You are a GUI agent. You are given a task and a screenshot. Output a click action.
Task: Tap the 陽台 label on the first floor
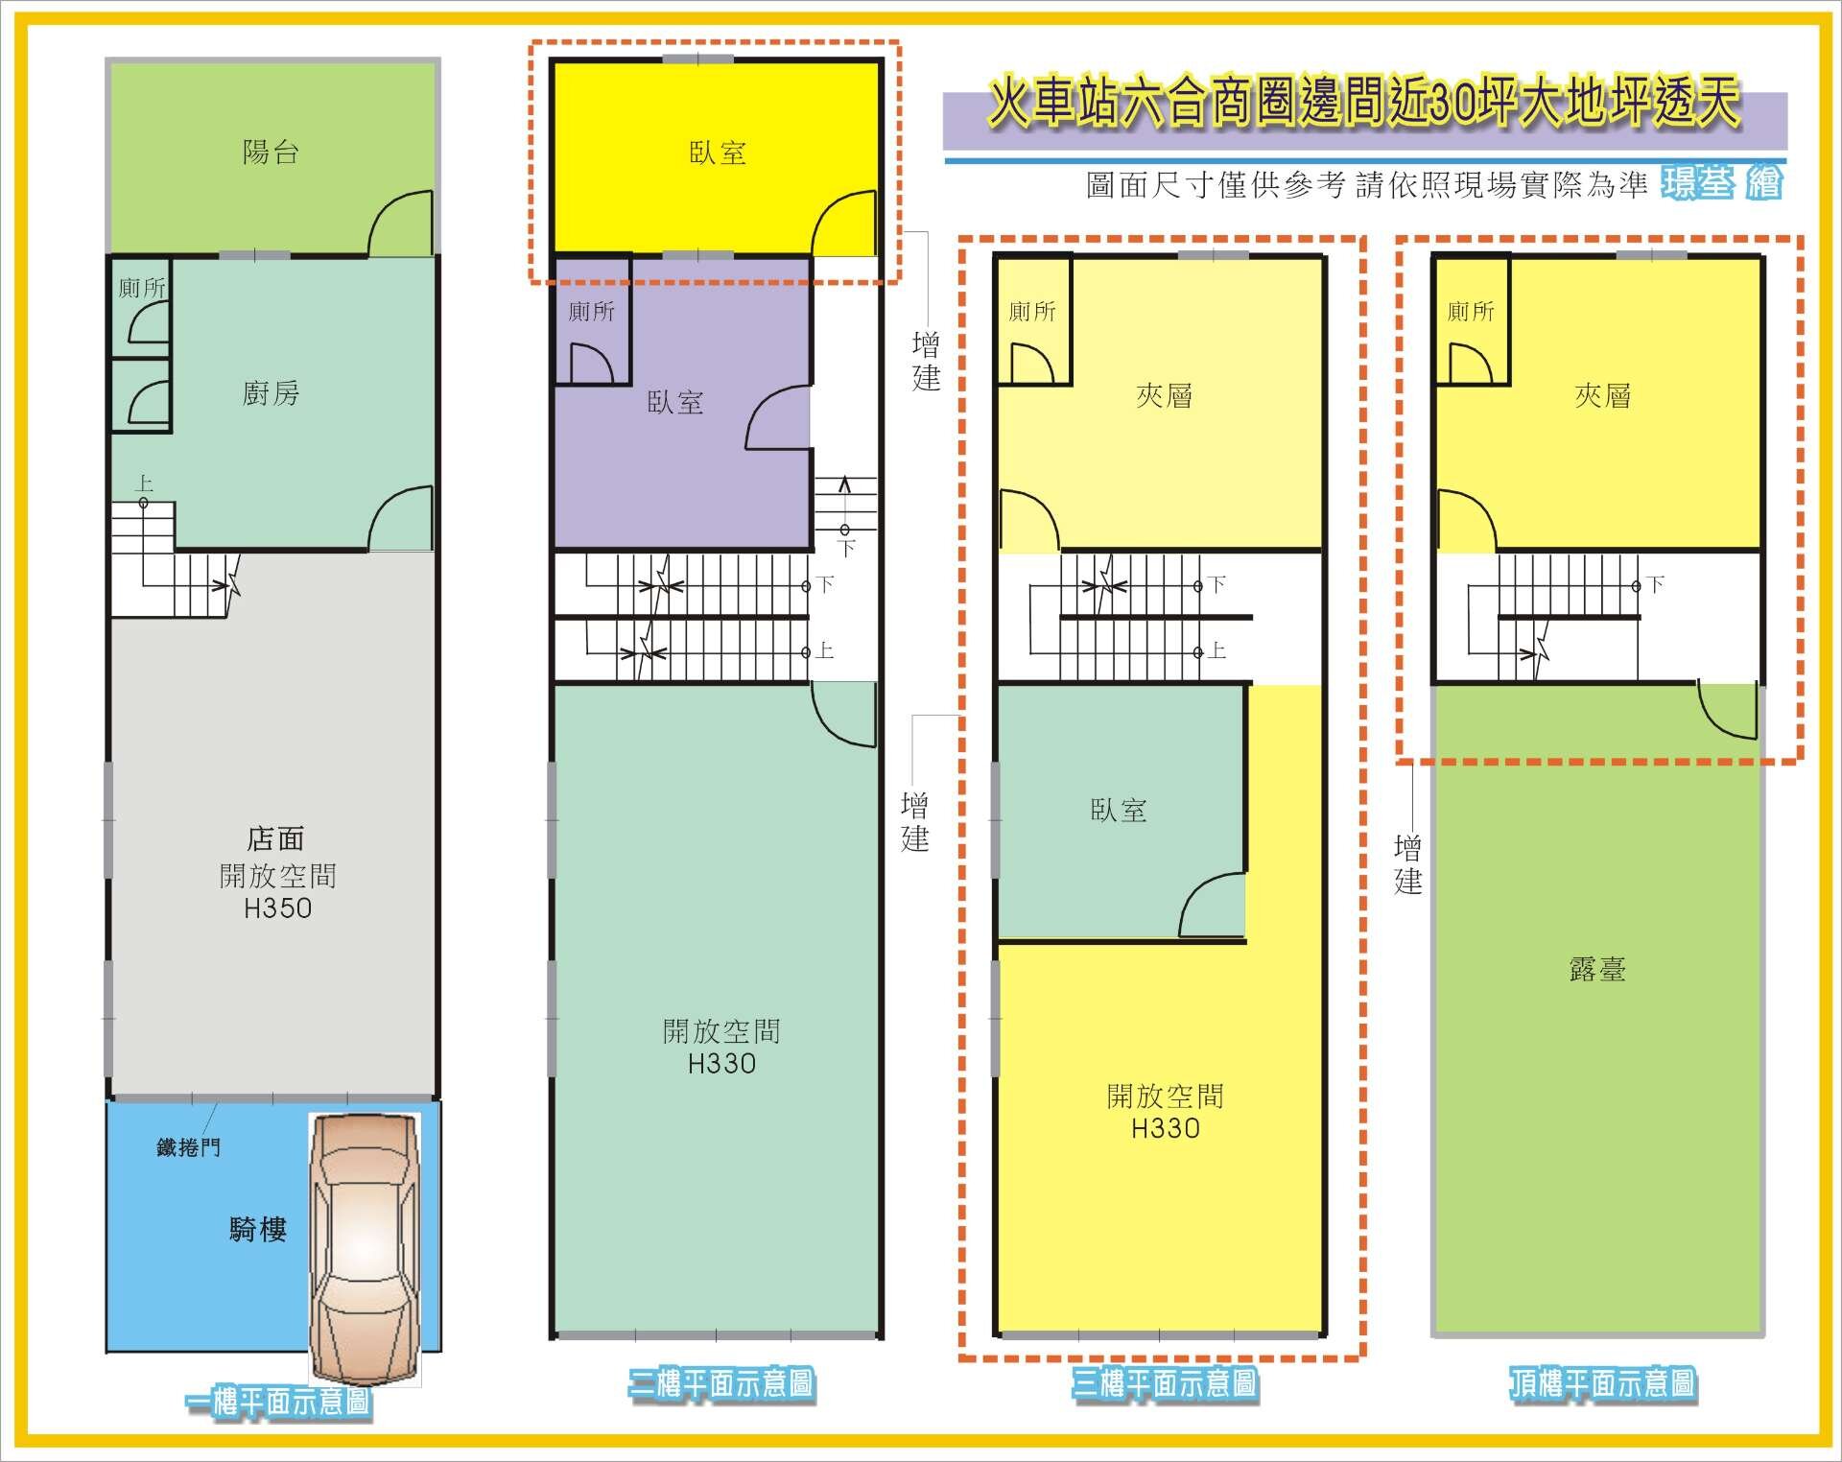click(x=271, y=153)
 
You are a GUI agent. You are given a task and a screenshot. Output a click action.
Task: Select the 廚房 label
click(x=271, y=393)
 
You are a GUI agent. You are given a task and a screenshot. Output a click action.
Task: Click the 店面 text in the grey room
click(x=275, y=839)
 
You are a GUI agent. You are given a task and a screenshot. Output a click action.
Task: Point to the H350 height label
click(x=278, y=908)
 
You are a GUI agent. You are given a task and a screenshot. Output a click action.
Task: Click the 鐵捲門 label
click(x=189, y=1146)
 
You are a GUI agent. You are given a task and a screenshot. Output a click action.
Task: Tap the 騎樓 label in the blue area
click(x=258, y=1229)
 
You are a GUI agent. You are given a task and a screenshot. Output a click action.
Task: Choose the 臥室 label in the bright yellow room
click(x=718, y=153)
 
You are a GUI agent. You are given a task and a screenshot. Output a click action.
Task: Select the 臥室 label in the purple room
click(x=675, y=402)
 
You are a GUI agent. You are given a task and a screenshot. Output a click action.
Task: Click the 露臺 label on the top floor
click(x=1597, y=970)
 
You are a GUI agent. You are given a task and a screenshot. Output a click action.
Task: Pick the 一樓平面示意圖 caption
click(x=278, y=1403)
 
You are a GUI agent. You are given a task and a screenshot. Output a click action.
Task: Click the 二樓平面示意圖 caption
click(x=721, y=1383)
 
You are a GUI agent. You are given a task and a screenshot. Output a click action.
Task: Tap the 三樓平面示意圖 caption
click(x=1164, y=1383)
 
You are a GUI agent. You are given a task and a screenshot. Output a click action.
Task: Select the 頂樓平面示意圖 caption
click(x=1602, y=1383)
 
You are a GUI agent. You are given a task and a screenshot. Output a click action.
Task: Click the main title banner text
click(x=1365, y=104)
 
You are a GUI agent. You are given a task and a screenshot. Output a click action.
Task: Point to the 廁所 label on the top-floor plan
click(x=1471, y=311)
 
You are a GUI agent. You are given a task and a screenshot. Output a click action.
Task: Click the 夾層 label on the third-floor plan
click(x=1164, y=395)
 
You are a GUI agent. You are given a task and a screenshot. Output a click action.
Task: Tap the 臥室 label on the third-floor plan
click(x=1119, y=811)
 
